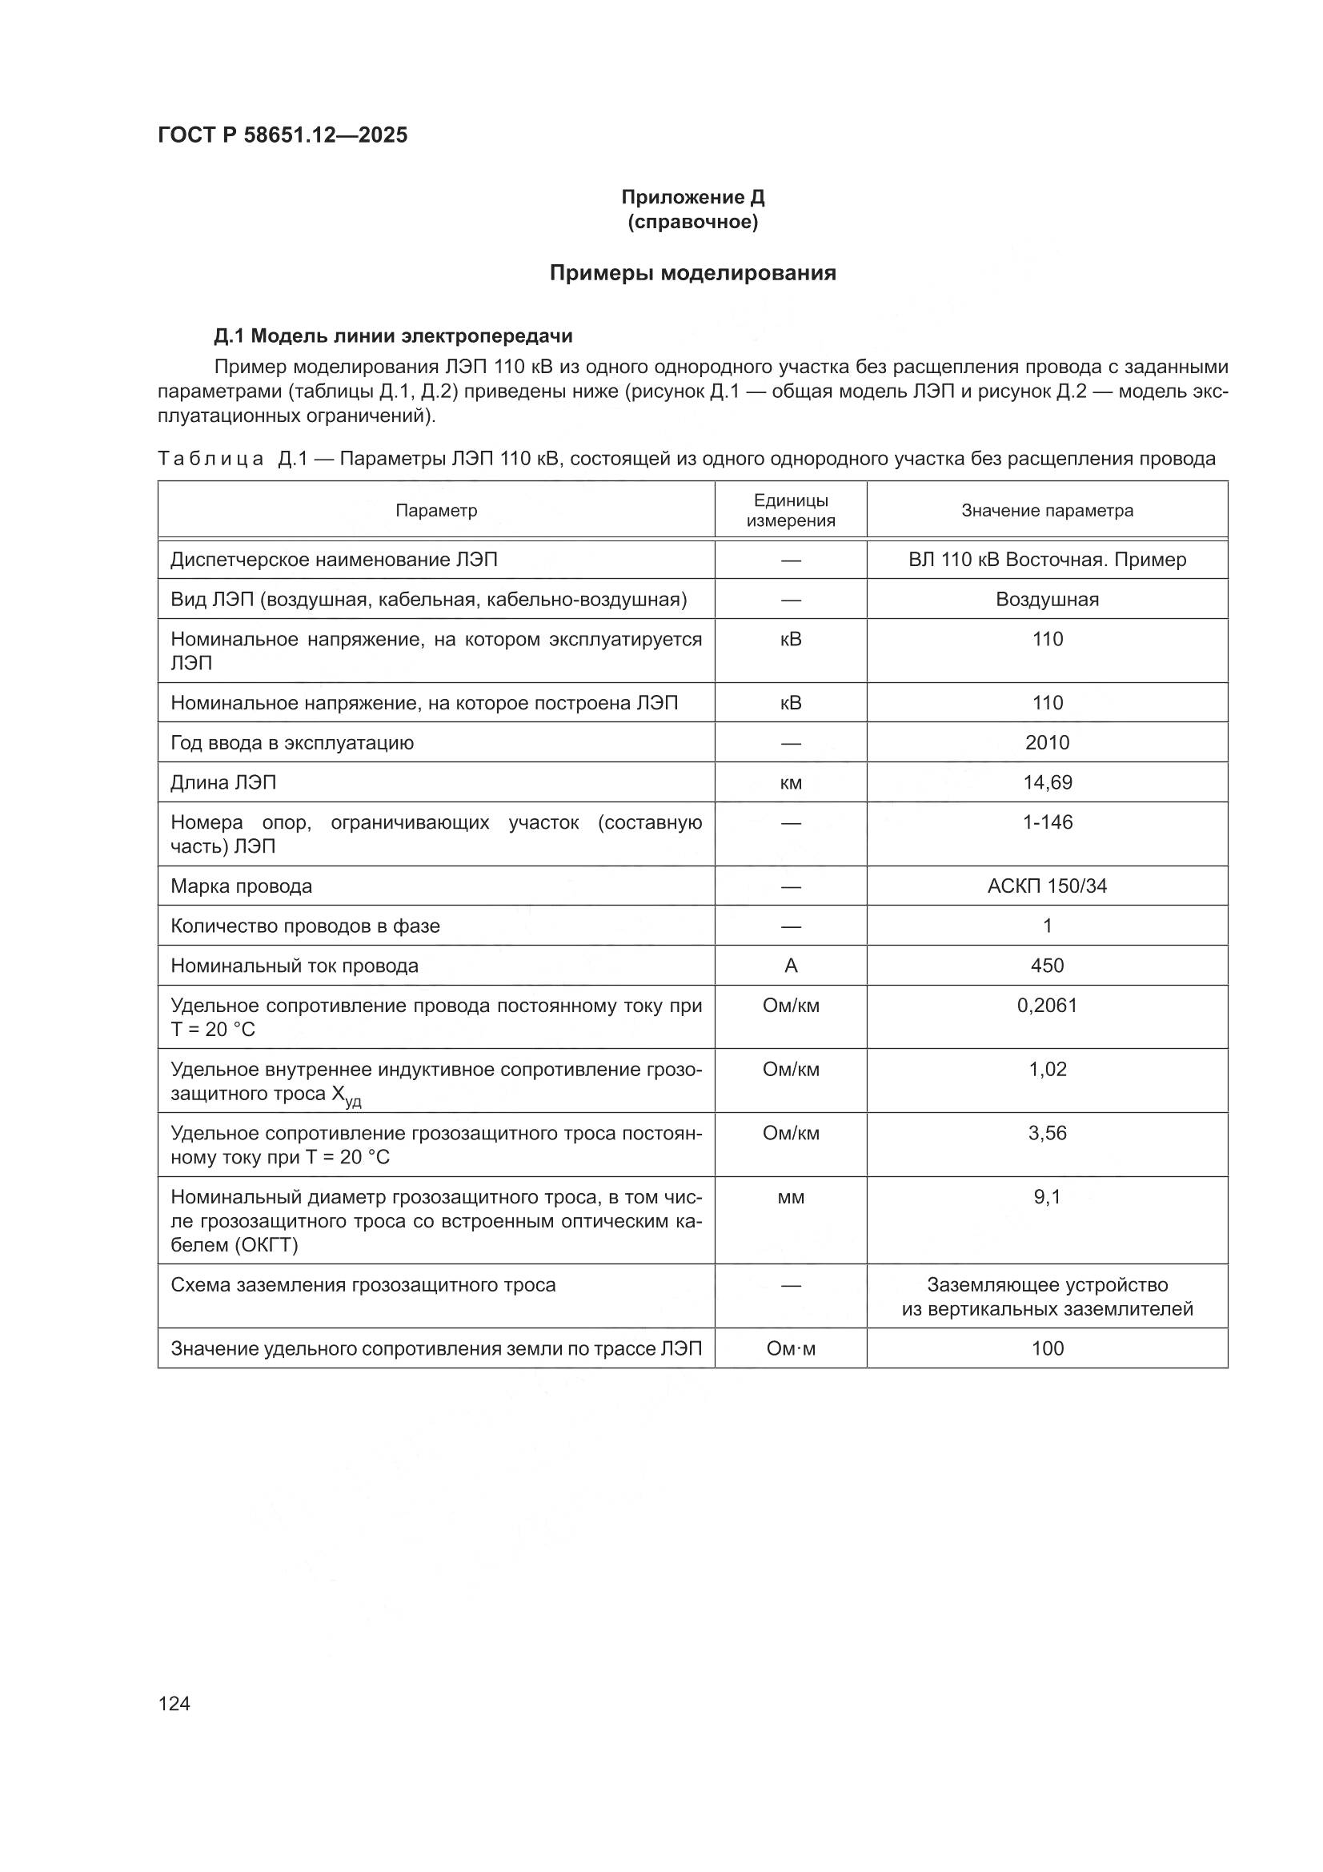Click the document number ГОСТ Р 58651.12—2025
point(282,135)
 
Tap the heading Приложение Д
point(692,197)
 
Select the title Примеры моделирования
point(692,273)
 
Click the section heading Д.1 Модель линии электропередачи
point(393,336)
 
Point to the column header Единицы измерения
point(790,510)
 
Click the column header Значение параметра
point(1047,510)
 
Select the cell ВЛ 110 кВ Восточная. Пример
point(1047,560)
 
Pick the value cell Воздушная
point(1047,600)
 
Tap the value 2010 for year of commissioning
point(1047,743)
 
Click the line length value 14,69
point(1047,783)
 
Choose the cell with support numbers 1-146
point(1047,822)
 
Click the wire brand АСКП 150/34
point(1047,886)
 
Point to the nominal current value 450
point(1047,966)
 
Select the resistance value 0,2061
point(1047,1006)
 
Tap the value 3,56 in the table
point(1047,1133)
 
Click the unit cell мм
point(790,1198)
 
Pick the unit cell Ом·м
point(790,1348)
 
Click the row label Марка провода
point(241,886)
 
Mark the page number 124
point(174,1704)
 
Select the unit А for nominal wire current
point(790,966)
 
